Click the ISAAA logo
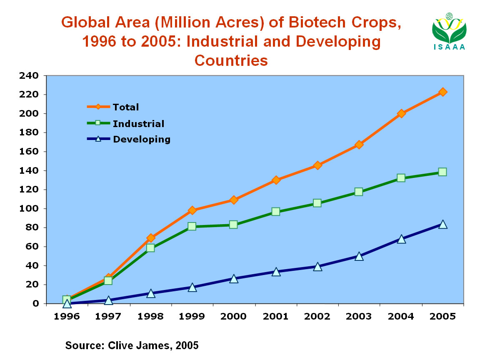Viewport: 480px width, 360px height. [x=449, y=31]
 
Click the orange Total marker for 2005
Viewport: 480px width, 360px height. [x=442, y=92]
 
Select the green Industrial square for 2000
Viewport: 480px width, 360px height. [x=233, y=225]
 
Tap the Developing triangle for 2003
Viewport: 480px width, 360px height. [x=359, y=256]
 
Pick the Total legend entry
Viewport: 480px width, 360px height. [x=125, y=107]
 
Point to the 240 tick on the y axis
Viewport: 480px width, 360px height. [x=28, y=76]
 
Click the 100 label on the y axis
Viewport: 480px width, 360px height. [x=28, y=209]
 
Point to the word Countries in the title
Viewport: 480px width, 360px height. [x=231, y=60]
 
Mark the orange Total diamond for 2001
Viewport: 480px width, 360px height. [x=275, y=180]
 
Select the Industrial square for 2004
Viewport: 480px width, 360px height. [x=401, y=178]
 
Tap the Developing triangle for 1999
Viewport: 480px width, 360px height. [x=192, y=287]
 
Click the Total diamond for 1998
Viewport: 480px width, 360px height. [x=150, y=238]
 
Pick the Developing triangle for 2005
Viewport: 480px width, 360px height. [x=442, y=225]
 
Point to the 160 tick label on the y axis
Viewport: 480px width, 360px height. [x=28, y=152]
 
